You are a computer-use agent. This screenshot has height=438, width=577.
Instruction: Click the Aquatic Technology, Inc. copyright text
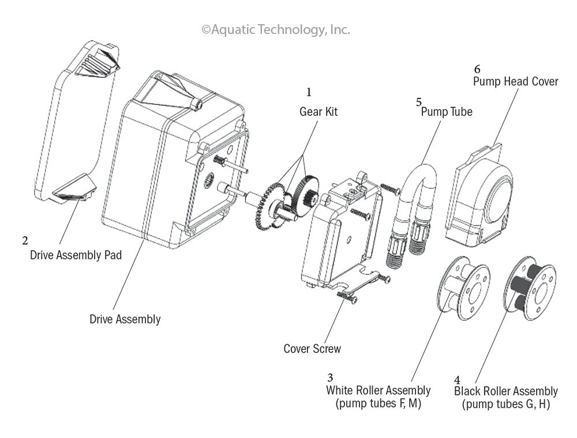pyautogui.click(x=275, y=29)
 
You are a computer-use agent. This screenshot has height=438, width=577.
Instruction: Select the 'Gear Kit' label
pyautogui.click(x=318, y=112)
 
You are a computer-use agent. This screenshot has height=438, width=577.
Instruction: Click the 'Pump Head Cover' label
pyautogui.click(x=515, y=81)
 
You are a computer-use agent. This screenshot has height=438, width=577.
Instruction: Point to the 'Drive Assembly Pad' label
pyautogui.click(x=76, y=255)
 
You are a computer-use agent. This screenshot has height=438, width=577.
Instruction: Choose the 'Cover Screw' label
pyautogui.click(x=312, y=349)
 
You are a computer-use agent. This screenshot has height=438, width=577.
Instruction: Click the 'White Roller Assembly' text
pyautogui.click(x=378, y=391)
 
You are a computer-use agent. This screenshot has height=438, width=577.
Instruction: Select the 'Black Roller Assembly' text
pyautogui.click(x=505, y=392)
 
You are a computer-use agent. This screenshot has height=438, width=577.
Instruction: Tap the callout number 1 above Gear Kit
pyautogui.click(x=309, y=92)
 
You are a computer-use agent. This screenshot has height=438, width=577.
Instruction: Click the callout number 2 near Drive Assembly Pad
pyautogui.click(x=25, y=240)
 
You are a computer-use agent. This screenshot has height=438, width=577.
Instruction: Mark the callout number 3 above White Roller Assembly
pyautogui.click(x=330, y=378)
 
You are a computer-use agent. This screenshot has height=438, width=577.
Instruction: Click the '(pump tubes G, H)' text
pyautogui.click(x=505, y=405)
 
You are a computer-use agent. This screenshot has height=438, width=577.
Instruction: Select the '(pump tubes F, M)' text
pyautogui.click(x=378, y=403)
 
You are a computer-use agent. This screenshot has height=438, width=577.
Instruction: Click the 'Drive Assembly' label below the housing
pyautogui.click(x=125, y=319)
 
